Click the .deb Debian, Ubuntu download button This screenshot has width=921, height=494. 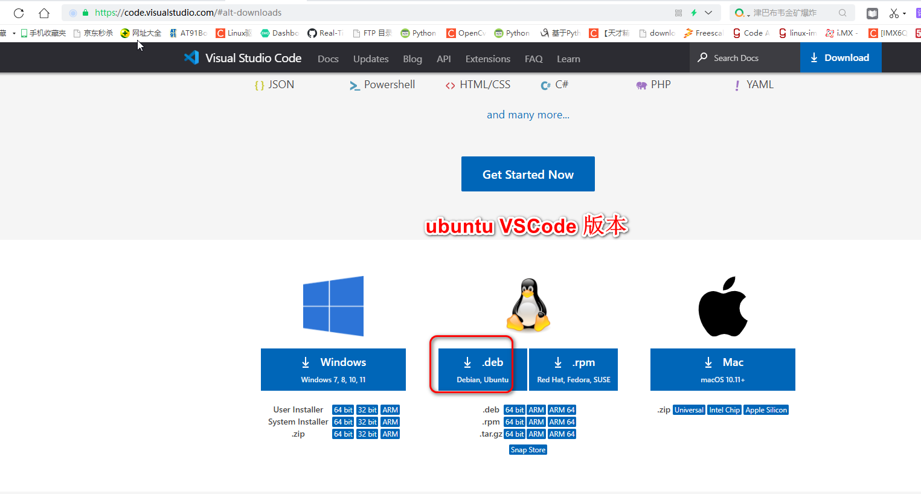[482, 370]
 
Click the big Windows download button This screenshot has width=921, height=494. [333, 370]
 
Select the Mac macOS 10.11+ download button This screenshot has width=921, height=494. [722, 370]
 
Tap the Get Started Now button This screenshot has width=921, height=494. [528, 174]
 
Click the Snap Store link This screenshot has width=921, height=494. [528, 450]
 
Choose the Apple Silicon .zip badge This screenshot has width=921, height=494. [766, 410]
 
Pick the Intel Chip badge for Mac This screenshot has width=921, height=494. [724, 410]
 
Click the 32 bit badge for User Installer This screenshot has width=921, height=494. [367, 410]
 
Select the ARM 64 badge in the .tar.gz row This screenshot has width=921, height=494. [562, 434]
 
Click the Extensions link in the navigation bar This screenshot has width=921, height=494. [487, 59]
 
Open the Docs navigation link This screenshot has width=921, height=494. [328, 59]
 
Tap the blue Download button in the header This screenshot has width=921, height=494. [840, 58]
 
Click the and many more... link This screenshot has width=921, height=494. [528, 115]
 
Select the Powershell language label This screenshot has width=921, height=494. [389, 85]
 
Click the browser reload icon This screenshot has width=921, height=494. [19, 13]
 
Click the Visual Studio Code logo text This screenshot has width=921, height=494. [253, 58]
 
